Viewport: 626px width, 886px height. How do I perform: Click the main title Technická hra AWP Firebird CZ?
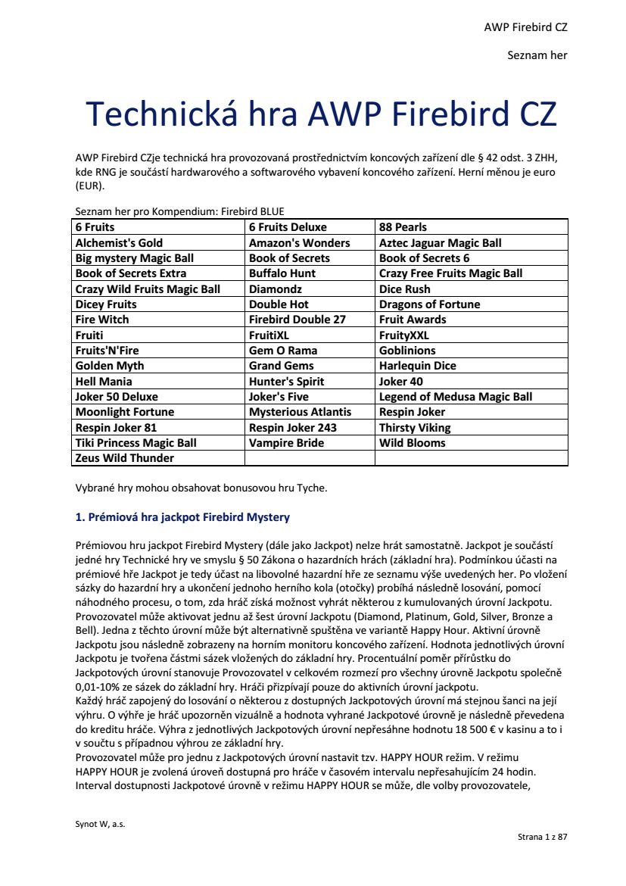coord(322,114)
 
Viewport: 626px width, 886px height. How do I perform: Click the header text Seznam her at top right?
coord(537,55)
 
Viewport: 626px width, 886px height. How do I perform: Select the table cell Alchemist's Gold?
coord(119,243)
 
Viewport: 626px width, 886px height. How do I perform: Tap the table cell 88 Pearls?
coord(403,227)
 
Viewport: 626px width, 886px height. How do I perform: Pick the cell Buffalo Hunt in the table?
coord(282,273)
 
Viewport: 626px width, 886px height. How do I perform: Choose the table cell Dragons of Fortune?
coord(429,304)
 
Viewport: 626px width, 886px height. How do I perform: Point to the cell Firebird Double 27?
coord(297,320)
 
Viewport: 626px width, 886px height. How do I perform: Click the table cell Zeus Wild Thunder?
coord(124,458)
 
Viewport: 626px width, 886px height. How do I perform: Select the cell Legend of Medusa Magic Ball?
coord(455,397)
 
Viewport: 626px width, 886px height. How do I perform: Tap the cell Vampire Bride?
coord(286,443)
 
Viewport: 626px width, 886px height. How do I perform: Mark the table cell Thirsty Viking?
coord(414,428)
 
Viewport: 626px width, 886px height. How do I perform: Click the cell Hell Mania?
coord(104,382)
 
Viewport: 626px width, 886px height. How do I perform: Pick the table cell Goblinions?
coord(407,351)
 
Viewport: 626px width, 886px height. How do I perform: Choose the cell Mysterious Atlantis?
coord(300,412)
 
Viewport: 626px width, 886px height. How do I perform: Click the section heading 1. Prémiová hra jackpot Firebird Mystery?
coord(182,518)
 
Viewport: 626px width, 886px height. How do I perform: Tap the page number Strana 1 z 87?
coord(542,837)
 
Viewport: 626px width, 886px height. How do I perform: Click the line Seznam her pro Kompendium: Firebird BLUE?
coord(180,211)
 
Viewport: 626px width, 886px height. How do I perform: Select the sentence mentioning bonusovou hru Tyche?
coord(201,488)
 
